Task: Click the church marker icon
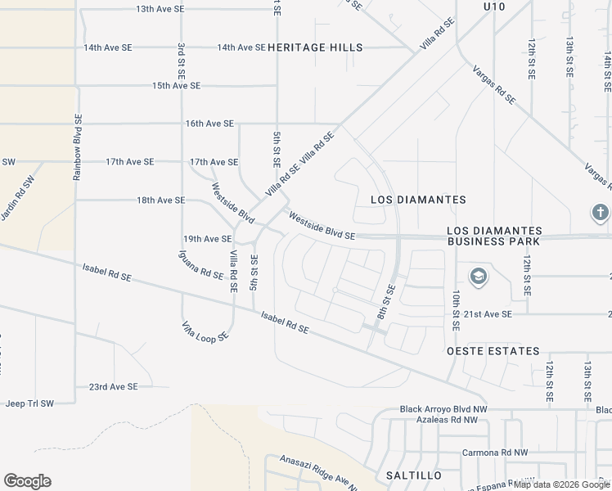[599, 213]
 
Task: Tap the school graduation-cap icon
[477, 275]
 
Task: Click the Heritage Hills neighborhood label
[315, 47]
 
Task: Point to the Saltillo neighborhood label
[413, 475]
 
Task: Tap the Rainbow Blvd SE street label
[78, 146]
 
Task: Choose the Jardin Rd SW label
[18, 198]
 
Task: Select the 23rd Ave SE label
[114, 386]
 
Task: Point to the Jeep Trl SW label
[29, 403]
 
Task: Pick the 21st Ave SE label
[488, 314]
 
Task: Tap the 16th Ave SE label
[209, 124]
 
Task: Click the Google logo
[27, 481]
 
